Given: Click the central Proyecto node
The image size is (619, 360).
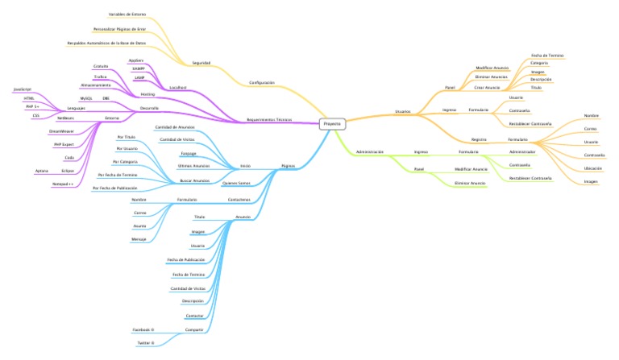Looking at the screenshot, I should point(332,124).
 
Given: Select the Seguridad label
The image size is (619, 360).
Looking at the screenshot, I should point(201,62).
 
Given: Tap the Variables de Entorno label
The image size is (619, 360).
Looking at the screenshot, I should point(127,14).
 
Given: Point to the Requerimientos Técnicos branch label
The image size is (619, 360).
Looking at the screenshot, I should point(269,119).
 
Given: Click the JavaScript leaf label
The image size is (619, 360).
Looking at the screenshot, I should point(22,89).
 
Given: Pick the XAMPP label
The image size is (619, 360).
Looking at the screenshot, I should point(138,69).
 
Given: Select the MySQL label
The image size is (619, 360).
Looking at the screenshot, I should point(86,98).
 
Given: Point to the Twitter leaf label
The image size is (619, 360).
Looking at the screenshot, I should point(145,343).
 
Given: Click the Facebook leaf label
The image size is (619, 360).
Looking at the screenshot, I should point(143,329).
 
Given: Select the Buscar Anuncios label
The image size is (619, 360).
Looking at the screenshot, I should point(194,180).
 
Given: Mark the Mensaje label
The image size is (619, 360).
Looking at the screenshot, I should point(139,240).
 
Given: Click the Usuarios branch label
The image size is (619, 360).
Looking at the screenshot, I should point(402,111).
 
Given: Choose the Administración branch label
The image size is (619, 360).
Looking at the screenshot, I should point(369,151).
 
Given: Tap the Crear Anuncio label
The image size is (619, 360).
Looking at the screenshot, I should point(487,87).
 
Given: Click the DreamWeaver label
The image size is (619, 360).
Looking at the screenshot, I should point(61,130).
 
